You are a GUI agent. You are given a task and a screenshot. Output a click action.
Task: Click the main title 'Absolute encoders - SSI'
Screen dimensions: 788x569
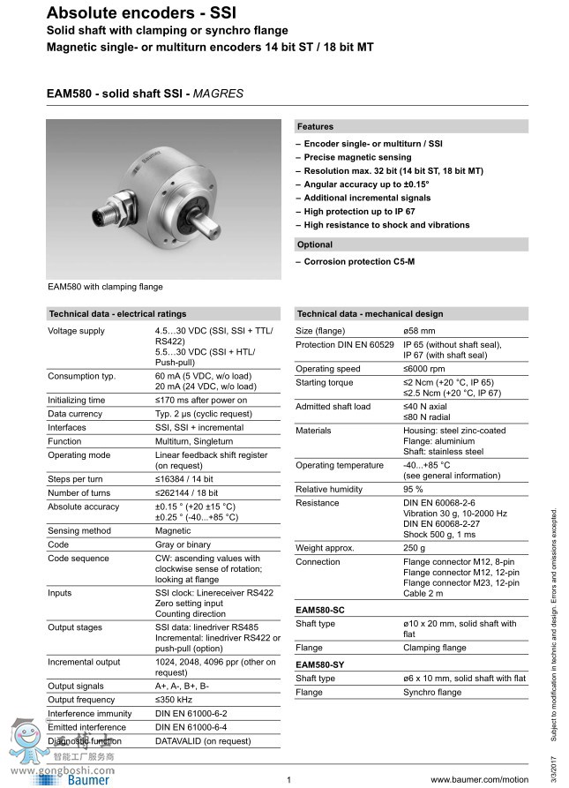pos(129,12)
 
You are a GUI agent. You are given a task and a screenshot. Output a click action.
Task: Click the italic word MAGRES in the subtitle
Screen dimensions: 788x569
pos(218,93)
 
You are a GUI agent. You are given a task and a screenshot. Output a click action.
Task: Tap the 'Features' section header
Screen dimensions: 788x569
pos(315,127)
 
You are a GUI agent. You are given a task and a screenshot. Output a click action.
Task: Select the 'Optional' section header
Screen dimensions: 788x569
pos(315,244)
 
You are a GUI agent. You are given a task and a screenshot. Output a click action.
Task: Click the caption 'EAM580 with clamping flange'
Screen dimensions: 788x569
pos(105,287)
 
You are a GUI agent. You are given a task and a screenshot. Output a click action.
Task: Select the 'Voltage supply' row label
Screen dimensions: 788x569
pos(76,331)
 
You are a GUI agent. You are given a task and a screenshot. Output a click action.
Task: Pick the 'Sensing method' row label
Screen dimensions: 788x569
pos(79,531)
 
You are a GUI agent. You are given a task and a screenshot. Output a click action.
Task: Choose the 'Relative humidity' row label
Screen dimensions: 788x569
pos(329,489)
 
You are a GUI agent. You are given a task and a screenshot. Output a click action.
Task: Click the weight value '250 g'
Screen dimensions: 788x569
pos(416,548)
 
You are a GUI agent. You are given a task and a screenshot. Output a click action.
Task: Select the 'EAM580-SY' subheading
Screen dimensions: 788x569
pos(321,664)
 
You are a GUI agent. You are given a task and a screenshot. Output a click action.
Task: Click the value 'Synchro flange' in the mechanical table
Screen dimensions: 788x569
pos(433,693)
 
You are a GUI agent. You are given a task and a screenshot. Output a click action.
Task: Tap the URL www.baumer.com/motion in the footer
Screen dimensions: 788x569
pos(479,780)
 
